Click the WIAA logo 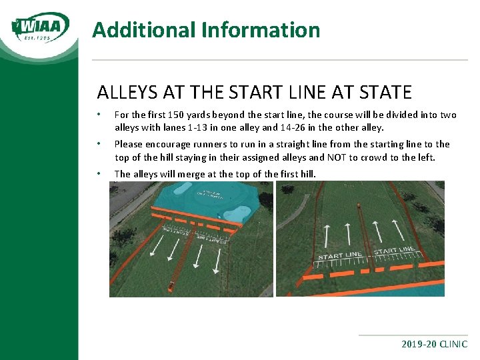41,28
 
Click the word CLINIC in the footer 453,345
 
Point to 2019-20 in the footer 419,345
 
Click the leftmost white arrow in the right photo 327,236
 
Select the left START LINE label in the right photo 340,255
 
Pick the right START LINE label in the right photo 394,251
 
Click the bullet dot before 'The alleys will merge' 99,174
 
